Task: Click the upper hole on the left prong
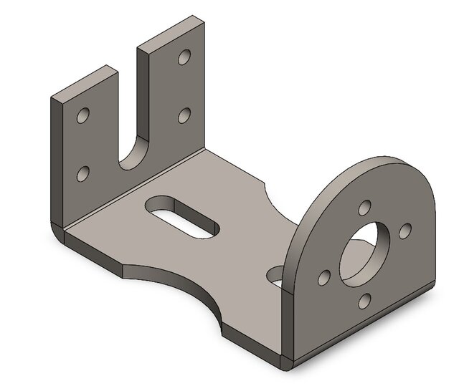(85, 115)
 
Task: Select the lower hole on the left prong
(84, 173)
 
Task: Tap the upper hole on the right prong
(185, 57)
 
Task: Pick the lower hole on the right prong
(184, 115)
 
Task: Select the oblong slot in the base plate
(183, 216)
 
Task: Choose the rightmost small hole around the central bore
(404, 229)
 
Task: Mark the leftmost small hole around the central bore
(326, 276)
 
